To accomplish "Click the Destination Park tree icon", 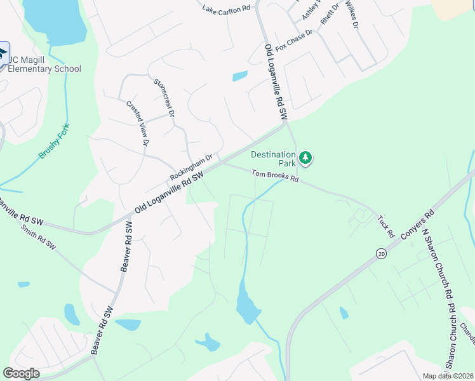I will (306, 157).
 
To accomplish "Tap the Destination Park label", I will (273, 159).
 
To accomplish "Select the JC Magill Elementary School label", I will (44, 65).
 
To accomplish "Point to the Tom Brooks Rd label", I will (275, 176).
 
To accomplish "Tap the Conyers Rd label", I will (417, 224).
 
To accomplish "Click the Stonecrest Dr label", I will (164, 98).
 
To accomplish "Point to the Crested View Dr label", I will (137, 124).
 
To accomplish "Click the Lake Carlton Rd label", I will (226, 10).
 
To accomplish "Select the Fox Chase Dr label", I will (295, 41).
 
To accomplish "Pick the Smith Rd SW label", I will (38, 236).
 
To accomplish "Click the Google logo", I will (22, 373).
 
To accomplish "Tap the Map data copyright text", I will (448, 376).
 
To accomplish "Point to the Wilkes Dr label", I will (351, 14).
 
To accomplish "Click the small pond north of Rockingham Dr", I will (240, 76).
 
